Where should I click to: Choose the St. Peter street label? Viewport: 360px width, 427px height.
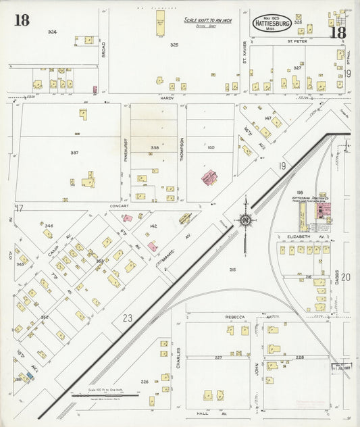pos(297,41)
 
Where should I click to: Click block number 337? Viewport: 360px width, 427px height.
pos(74,153)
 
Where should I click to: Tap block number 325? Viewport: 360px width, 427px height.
pos(174,45)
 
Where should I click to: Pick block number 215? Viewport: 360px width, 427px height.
pos(232,270)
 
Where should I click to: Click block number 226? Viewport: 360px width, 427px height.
pos(144,382)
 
